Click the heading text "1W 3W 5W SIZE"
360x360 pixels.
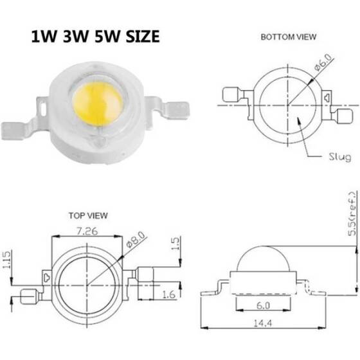coord(94,37)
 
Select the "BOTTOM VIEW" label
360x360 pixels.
coord(288,37)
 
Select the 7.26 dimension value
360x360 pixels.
coord(87,230)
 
